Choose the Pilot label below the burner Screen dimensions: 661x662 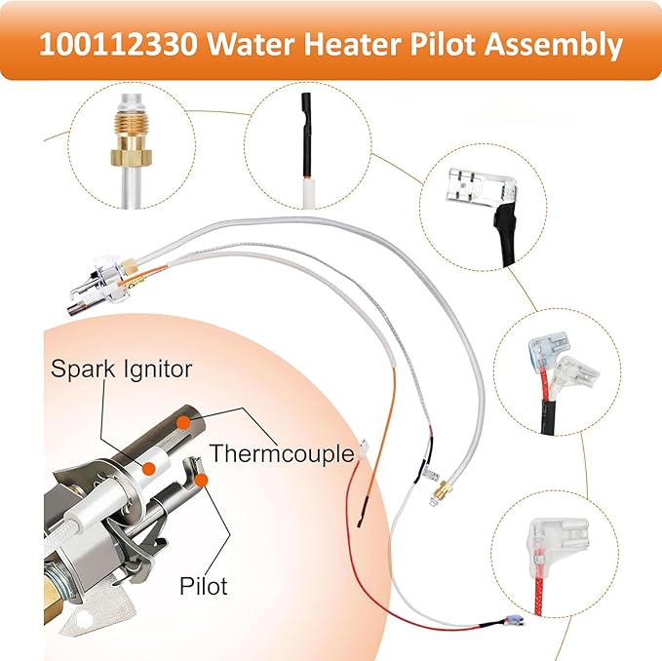point(204,586)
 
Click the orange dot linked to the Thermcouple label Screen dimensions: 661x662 point(184,420)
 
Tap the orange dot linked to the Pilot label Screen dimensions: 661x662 point(200,479)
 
